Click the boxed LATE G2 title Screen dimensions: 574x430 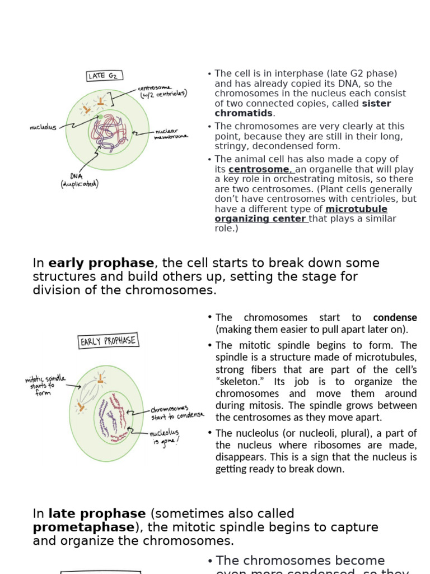tap(104, 76)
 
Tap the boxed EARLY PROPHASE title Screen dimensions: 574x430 tap(108, 341)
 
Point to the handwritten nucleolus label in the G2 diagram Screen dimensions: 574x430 tap(43, 127)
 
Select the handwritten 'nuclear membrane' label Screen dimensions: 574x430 tap(172, 134)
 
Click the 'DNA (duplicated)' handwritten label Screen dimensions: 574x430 tap(80, 179)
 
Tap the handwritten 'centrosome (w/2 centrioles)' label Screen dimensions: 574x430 tap(162, 91)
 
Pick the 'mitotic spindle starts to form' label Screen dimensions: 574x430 tap(45, 386)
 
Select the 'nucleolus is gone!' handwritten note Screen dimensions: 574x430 tap(167, 437)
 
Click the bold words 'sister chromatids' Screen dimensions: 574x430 tap(302, 109)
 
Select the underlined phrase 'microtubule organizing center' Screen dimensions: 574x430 tap(301, 214)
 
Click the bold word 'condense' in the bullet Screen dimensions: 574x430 tap(395, 318)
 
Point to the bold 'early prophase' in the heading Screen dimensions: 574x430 tap(101, 263)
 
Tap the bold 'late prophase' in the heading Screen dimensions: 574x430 tap(97, 513)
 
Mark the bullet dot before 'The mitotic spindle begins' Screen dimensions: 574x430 tap(209, 345)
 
